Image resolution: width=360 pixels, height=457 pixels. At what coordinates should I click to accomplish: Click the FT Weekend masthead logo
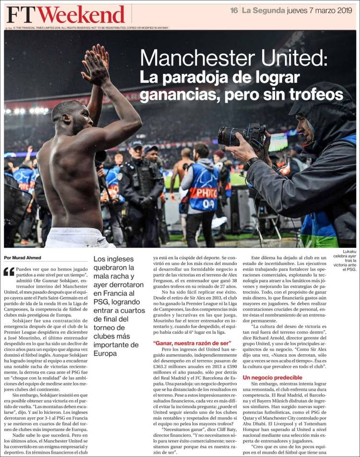(66, 14)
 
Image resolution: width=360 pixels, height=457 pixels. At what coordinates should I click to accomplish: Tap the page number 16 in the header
(234, 10)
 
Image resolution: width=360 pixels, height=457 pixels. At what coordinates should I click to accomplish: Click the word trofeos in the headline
(319, 95)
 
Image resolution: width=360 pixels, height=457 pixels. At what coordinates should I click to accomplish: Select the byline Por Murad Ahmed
(23, 258)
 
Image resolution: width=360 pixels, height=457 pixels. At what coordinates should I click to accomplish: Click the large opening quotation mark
(9, 272)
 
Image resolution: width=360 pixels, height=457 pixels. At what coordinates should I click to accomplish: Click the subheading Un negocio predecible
(272, 378)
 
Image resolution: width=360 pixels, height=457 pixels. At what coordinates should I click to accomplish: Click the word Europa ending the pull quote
(106, 353)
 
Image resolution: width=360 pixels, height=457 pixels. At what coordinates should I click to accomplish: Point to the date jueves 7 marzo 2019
(320, 10)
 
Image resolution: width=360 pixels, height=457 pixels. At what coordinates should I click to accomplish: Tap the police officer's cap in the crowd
(137, 144)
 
